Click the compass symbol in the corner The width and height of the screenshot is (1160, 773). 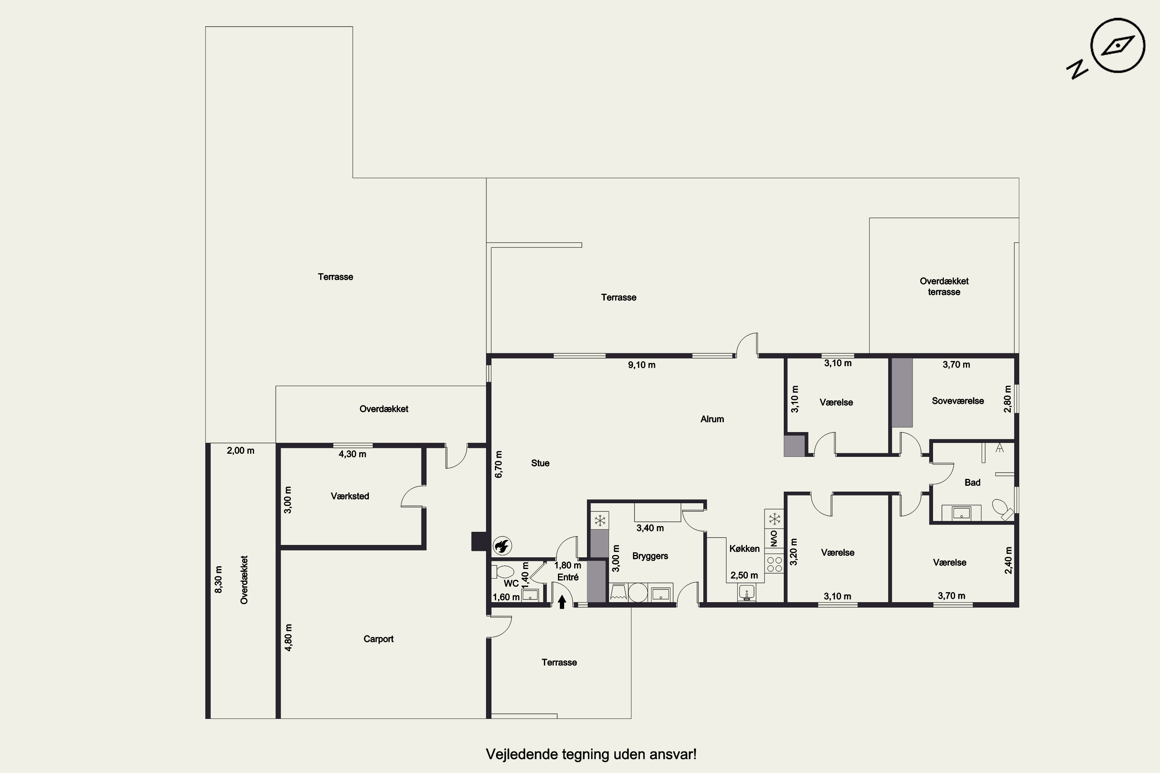(1117, 46)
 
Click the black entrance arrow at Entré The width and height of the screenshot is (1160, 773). (562, 602)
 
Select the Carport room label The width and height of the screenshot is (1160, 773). (378, 639)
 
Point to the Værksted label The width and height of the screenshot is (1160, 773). (350, 496)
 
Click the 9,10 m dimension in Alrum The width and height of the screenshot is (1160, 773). (641, 365)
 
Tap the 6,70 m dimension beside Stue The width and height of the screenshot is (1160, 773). (499, 465)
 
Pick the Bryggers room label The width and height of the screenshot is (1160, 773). (650, 556)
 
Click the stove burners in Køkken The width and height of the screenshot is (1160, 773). (774, 564)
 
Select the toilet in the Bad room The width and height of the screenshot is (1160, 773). (1002, 509)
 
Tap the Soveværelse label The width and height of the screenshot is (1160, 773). (958, 401)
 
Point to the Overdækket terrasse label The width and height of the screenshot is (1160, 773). (944, 286)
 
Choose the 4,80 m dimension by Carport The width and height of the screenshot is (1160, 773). (288, 637)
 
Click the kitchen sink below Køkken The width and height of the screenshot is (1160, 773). (747, 592)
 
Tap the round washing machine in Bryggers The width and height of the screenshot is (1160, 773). (638, 592)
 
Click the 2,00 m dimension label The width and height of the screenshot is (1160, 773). (241, 450)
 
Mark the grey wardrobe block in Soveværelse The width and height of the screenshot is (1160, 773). (902, 392)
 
